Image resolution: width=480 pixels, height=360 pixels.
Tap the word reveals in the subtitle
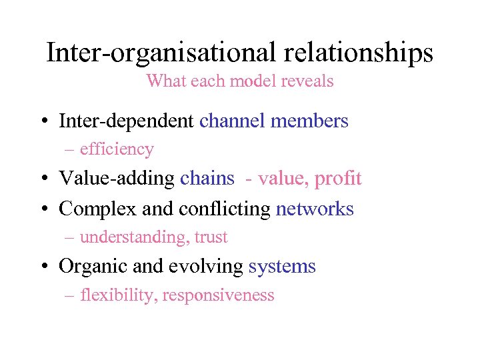pos(307,81)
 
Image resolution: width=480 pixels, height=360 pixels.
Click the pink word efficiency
pos(117,149)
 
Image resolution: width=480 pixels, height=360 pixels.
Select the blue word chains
pos(207,179)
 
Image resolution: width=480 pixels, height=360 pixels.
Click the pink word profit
pos(338,179)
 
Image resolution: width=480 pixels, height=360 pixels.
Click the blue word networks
pos(315,209)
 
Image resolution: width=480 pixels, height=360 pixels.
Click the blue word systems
pos(282,266)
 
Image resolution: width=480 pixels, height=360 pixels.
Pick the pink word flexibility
pos(117,295)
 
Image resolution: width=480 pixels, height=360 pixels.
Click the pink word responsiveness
pos(218,295)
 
